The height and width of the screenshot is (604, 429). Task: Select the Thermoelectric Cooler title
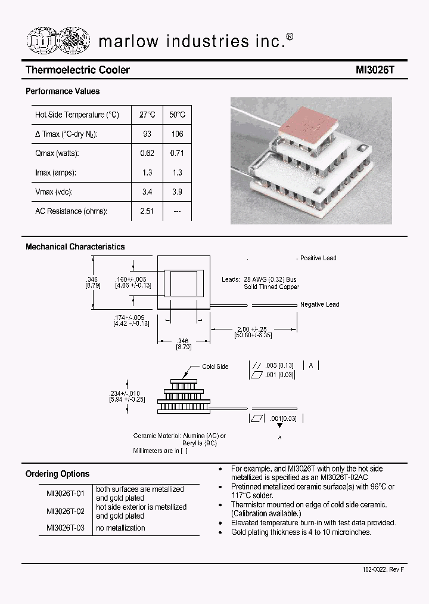(77, 70)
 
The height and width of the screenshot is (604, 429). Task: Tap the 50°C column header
(177, 115)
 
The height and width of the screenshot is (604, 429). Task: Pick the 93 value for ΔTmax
(147, 134)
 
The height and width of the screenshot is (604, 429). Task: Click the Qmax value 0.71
(177, 153)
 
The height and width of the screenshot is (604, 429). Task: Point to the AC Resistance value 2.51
(147, 211)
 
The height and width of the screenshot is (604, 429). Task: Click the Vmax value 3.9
(177, 192)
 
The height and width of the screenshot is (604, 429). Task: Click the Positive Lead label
(318, 258)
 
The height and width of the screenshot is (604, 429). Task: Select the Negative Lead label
(319, 304)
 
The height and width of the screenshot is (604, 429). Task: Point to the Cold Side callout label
(215, 366)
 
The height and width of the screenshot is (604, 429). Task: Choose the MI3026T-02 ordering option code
(66, 511)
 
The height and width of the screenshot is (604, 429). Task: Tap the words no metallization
(120, 528)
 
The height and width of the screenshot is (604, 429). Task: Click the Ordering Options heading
(57, 474)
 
